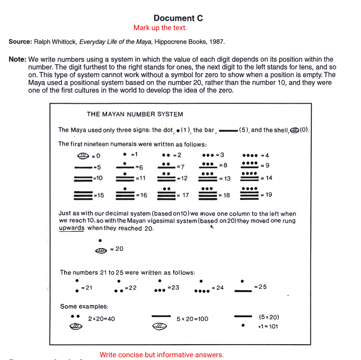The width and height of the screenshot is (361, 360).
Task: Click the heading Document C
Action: [x=178, y=18]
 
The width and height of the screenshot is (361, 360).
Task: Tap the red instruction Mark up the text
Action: [x=160, y=28]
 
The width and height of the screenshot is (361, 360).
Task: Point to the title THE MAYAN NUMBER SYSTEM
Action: [x=135, y=114]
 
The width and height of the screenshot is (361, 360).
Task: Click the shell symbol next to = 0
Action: [x=84, y=156]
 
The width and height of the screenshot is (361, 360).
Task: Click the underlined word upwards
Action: [x=71, y=228]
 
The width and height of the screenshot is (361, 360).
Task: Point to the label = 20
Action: [x=117, y=249]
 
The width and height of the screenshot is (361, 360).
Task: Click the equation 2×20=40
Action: [x=102, y=319]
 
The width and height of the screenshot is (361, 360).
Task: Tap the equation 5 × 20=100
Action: [x=193, y=319]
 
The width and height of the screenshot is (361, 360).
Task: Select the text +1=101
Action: [x=268, y=326]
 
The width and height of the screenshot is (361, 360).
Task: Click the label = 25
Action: [x=260, y=287]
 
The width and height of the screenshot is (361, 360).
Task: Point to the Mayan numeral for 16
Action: [x=126, y=194]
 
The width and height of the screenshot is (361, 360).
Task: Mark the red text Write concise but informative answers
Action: [x=162, y=355]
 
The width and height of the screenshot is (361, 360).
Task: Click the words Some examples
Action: [x=84, y=306]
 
